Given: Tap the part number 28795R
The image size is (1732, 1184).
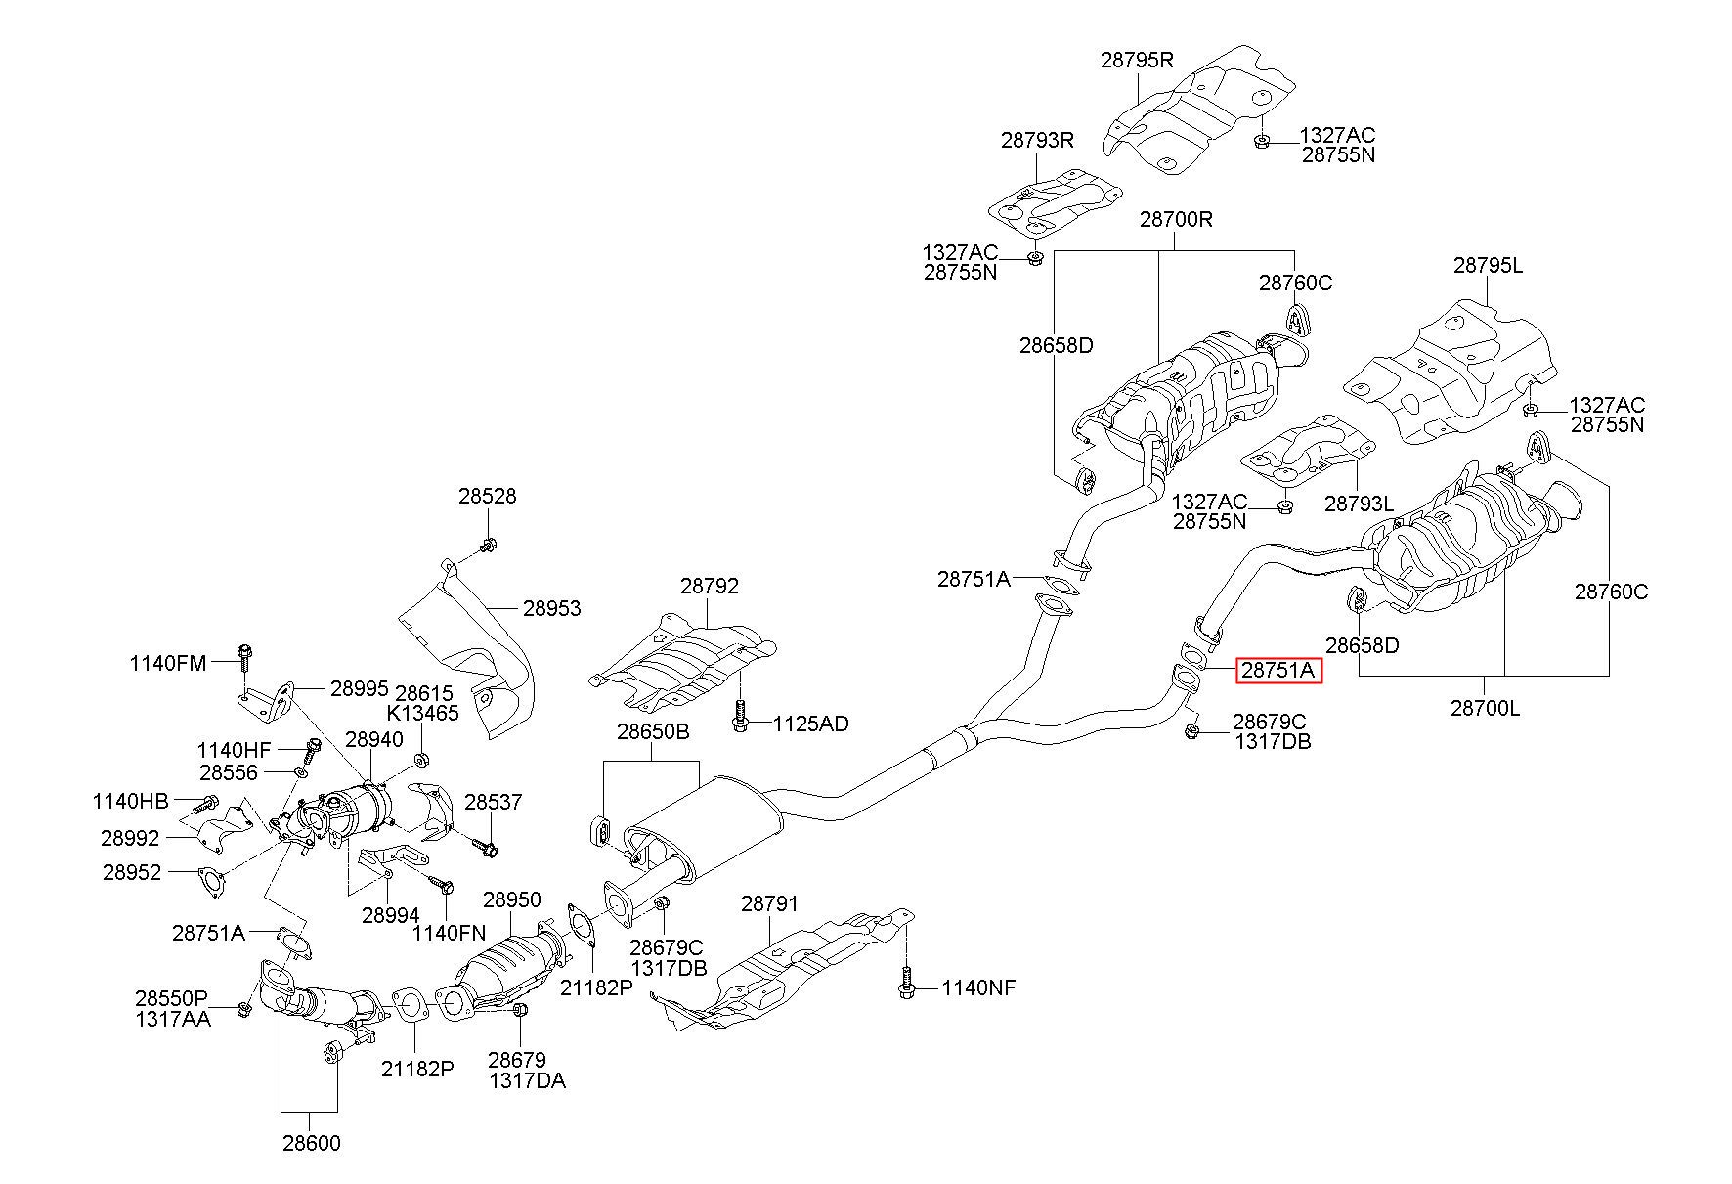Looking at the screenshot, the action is coord(1137,59).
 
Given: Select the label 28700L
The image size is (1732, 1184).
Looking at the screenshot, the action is coord(1485,708).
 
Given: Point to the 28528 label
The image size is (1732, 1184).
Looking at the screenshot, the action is coord(488,497).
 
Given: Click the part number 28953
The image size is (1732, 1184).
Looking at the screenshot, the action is coord(551,608).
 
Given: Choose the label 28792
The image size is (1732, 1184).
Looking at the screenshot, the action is coord(710,586).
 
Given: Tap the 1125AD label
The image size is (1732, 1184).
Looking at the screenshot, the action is coord(810,724).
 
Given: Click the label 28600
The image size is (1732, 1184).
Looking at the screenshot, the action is coord(312,1142).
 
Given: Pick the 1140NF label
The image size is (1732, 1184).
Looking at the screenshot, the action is coord(978,988).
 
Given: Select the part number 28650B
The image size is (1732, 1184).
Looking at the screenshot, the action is coord(652,732).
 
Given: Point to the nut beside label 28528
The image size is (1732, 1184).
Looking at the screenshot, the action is coord(489,544).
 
